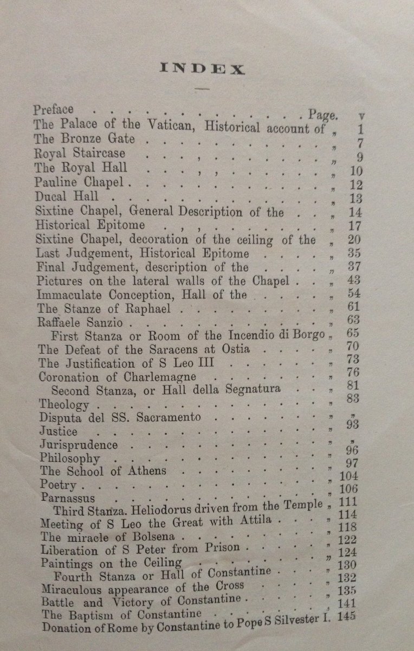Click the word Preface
coord(53,110)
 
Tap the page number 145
coord(348,616)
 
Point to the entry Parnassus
coord(67,497)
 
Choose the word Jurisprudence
coord(78,445)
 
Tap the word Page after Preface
coord(323,114)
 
